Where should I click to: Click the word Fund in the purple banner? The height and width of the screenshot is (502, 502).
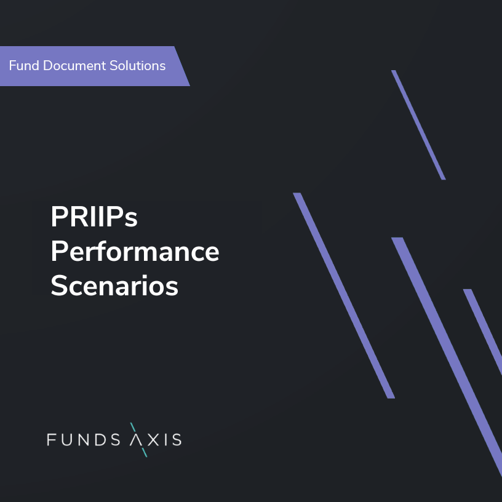24,65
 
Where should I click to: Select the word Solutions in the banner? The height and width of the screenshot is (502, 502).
139,65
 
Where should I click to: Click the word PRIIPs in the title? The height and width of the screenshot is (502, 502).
94,217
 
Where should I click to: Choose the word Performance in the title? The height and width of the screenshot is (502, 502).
135,252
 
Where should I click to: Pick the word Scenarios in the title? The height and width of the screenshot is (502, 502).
114,286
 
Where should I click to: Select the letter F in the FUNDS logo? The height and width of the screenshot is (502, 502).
52,440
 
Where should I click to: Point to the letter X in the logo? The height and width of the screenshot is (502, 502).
153,440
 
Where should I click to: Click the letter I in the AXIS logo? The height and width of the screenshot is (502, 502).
164,440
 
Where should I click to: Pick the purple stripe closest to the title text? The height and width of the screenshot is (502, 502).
344,295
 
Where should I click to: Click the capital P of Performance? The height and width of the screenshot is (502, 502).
57,252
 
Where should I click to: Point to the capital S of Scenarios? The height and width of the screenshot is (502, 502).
58,286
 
